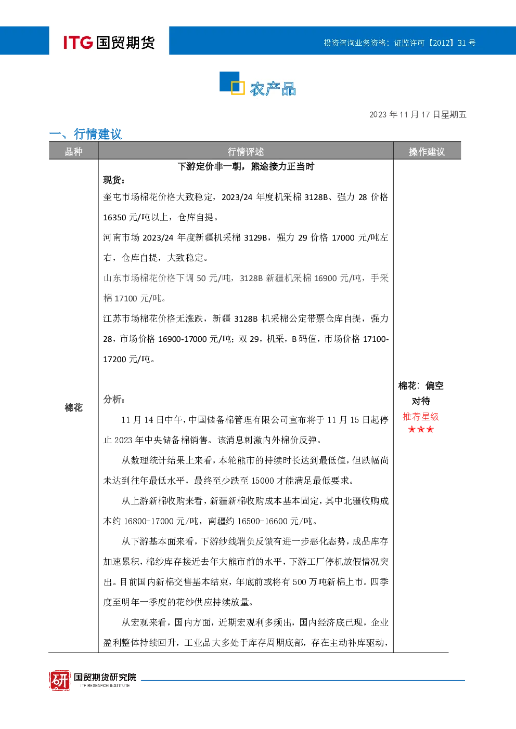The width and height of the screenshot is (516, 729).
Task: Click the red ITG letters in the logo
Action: coord(78,42)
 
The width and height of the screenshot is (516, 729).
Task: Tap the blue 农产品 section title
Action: coord(273,89)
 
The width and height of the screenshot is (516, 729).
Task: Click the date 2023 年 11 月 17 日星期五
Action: coord(418,114)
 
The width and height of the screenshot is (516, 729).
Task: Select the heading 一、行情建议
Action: coord(86,134)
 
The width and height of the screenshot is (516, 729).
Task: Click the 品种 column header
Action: coord(74,151)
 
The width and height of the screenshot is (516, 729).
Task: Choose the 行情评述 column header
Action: coord(246,151)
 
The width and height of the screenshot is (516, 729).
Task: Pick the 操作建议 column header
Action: coord(427,151)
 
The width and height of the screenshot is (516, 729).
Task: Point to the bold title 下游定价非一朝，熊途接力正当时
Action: coord(246,167)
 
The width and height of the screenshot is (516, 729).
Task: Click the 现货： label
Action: coord(114,180)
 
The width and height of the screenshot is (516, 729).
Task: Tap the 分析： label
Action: coord(114,399)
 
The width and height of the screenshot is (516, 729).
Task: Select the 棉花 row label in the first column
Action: coord(74,407)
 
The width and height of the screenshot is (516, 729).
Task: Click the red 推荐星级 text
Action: coord(421,416)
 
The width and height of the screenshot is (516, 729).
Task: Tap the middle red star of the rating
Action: coord(421,429)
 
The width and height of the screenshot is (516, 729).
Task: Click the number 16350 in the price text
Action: coord(114,217)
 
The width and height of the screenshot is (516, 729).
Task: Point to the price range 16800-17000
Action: coord(149,521)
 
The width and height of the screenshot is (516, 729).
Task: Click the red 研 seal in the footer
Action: coord(60,681)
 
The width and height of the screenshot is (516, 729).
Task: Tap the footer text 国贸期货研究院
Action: coord(105,677)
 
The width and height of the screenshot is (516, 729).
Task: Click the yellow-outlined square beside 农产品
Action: coord(238,87)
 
